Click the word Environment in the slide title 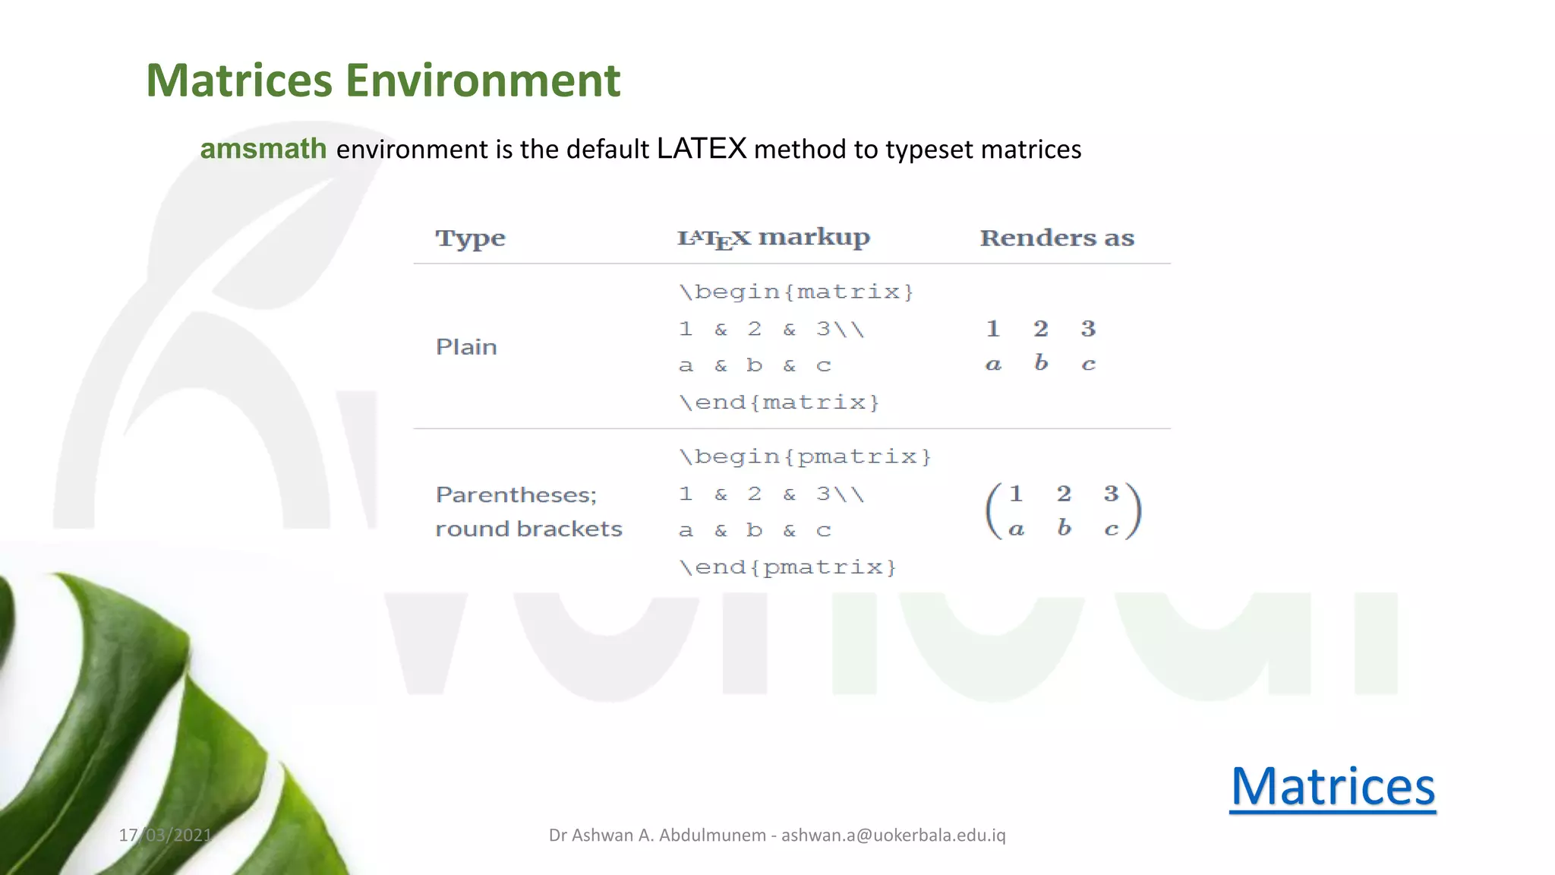pyautogui.click(x=483, y=81)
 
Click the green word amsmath pyautogui.click(x=263, y=149)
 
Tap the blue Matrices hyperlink pyautogui.click(x=1333, y=787)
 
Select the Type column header pyautogui.click(x=470, y=238)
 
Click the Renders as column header pyautogui.click(x=1057, y=238)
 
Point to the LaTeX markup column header pyautogui.click(x=773, y=238)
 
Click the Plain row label pyautogui.click(x=466, y=347)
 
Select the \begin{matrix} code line pyautogui.click(x=796, y=292)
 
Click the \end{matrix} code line pyautogui.click(x=779, y=402)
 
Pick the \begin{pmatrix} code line pyautogui.click(x=805, y=456)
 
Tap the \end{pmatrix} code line pyautogui.click(x=787, y=567)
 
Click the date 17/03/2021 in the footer pyautogui.click(x=166, y=836)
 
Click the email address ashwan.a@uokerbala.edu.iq pyautogui.click(x=893, y=836)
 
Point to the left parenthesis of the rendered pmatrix pyautogui.click(x=992, y=511)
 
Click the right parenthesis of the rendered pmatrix pyautogui.click(x=1134, y=511)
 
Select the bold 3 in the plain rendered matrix pyautogui.click(x=1088, y=329)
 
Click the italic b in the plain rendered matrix pyautogui.click(x=1041, y=363)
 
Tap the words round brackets pyautogui.click(x=528, y=529)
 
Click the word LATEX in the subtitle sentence pyautogui.click(x=702, y=149)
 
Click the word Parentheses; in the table pyautogui.click(x=516, y=495)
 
